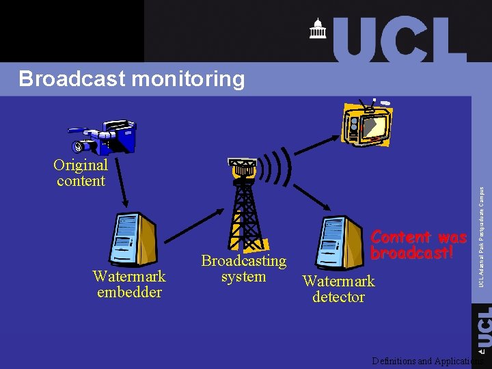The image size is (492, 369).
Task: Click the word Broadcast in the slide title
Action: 72,79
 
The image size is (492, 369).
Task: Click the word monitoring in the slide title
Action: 187,80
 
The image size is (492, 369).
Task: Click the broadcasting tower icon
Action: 243,205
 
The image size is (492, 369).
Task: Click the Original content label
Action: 81,173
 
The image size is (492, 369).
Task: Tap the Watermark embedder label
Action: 129,284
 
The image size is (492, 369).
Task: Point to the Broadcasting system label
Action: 243,269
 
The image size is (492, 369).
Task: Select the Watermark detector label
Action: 338,289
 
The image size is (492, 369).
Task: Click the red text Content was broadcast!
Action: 418,245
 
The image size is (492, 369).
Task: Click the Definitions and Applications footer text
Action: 427,361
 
